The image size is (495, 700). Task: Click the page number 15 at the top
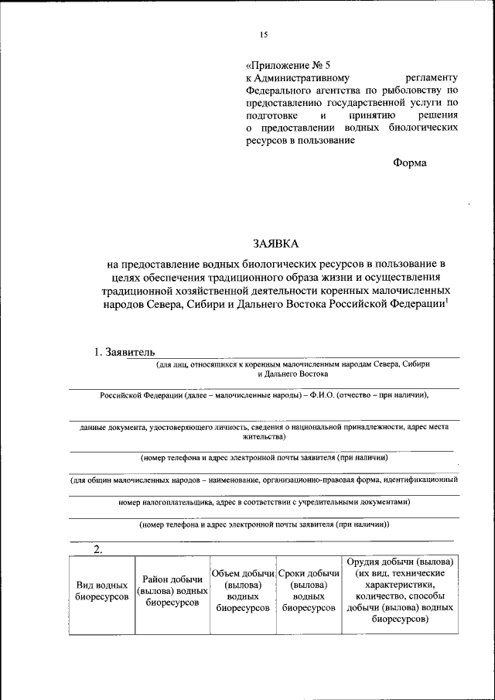tap(263, 35)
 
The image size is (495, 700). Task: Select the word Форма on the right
tap(409, 162)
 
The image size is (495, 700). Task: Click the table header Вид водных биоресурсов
tap(102, 592)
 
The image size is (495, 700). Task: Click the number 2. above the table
tap(98, 549)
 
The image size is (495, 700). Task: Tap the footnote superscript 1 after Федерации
tap(448, 301)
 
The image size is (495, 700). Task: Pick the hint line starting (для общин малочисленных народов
tap(265, 480)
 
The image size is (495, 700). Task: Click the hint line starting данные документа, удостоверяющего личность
tap(265, 426)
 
